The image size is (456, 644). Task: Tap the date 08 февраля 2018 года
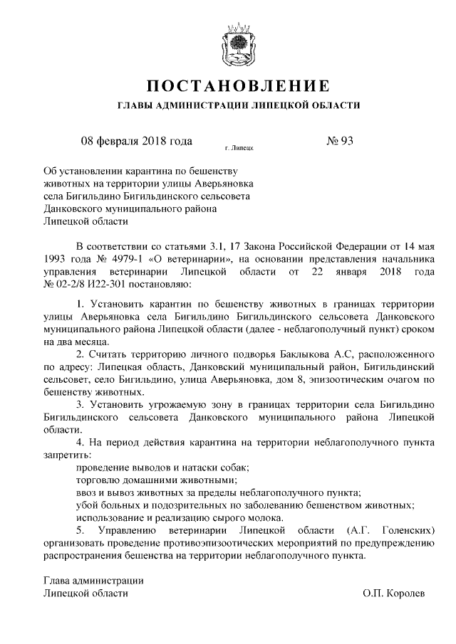[137, 140]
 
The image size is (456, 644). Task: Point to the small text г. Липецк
[239, 149]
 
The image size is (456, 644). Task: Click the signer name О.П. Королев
[393, 593]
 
